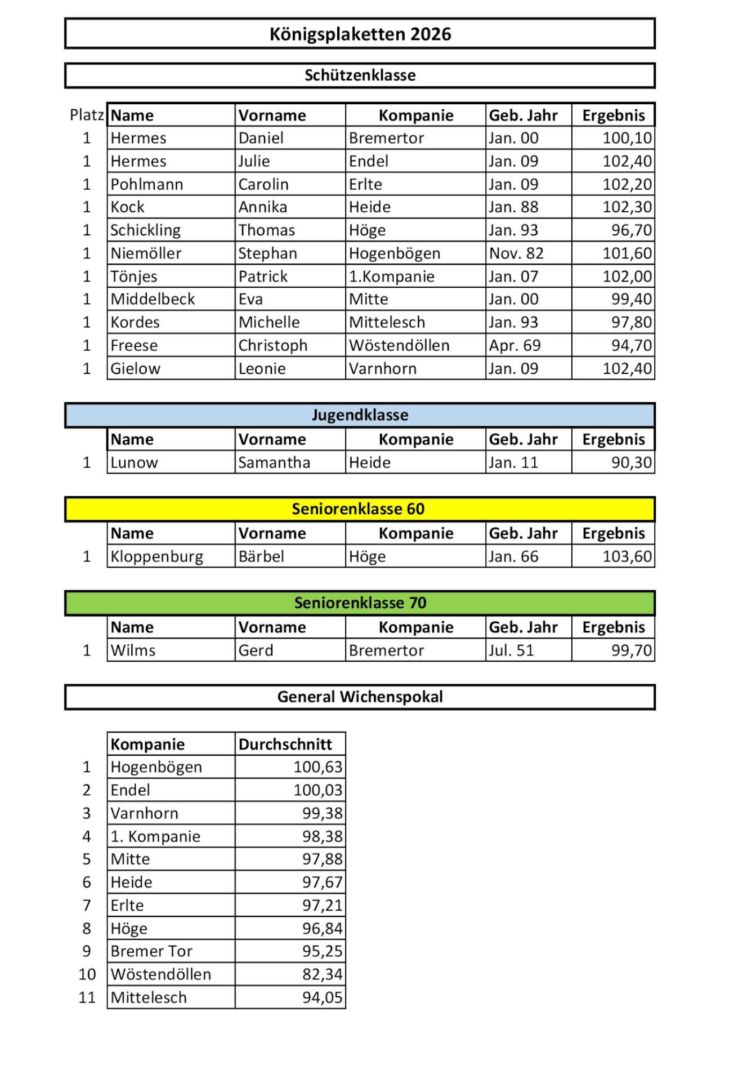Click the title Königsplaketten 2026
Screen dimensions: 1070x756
(x=360, y=34)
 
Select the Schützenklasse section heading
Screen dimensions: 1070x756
(x=360, y=75)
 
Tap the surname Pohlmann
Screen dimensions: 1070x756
(x=147, y=184)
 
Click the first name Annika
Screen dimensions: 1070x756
(x=263, y=207)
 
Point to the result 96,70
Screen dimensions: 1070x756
(x=632, y=230)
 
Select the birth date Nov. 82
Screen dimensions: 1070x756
(x=516, y=253)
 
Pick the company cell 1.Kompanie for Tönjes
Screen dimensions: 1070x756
(x=392, y=277)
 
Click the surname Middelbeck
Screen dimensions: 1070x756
(x=153, y=299)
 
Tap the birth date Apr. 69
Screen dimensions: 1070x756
(x=515, y=345)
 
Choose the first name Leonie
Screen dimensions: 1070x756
(x=262, y=368)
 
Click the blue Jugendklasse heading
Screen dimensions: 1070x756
(x=360, y=415)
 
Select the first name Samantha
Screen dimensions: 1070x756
(x=274, y=462)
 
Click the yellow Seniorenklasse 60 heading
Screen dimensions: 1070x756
(x=358, y=509)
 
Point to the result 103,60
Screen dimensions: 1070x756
(x=627, y=556)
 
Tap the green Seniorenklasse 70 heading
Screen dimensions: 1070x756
(x=360, y=603)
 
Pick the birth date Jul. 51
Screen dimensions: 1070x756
(x=511, y=650)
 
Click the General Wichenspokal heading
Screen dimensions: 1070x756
(x=360, y=697)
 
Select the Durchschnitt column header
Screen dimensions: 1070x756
(x=285, y=744)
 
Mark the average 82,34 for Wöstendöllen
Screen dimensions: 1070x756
(x=322, y=974)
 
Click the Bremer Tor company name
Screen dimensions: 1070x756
(x=151, y=951)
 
